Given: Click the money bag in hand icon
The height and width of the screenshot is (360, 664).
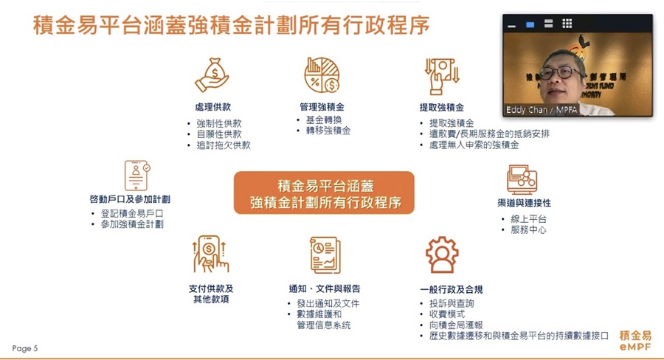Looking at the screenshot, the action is (212, 75).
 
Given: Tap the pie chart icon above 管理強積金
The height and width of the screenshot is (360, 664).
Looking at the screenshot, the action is (322, 75).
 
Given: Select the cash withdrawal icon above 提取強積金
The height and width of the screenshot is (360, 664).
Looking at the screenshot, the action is (442, 76).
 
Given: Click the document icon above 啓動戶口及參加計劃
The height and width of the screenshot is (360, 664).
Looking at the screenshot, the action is (137, 176).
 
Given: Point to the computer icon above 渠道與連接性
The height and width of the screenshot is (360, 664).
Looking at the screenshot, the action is (522, 179).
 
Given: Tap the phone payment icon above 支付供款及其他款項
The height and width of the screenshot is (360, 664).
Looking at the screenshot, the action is (210, 254).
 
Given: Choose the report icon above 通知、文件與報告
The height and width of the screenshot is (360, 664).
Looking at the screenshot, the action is (325, 255).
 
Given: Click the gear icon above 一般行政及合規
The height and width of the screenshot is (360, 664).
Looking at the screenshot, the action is (442, 255).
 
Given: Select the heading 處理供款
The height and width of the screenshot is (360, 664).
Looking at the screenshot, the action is (213, 107).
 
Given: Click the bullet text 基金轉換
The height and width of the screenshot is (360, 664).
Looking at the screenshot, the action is (324, 120).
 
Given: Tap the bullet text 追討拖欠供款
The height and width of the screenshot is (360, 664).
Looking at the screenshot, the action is (224, 145).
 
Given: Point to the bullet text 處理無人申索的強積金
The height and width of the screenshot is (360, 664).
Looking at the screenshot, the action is (474, 145).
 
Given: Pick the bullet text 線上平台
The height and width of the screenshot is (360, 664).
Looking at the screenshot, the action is (528, 219).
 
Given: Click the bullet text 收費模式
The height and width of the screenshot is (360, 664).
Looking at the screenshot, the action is (447, 314).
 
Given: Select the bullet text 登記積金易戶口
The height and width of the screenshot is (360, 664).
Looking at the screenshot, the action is (132, 213).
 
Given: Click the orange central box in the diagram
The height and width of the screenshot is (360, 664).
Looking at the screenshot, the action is (324, 193).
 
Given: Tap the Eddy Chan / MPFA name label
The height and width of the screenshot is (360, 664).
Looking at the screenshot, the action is (542, 110).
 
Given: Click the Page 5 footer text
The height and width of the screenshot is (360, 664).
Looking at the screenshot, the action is (25, 348).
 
